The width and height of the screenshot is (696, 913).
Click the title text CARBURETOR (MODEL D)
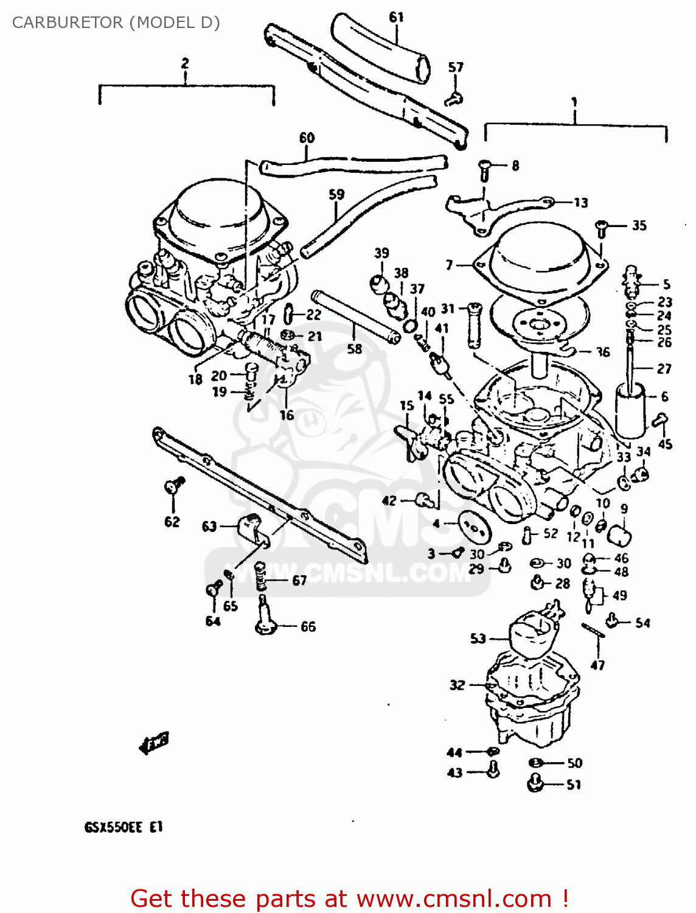116,23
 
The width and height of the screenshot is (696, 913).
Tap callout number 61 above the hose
396,17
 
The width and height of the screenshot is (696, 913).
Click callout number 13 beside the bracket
581,202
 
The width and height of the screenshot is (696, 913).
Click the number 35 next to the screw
639,225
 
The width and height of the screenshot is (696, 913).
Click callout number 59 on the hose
336,194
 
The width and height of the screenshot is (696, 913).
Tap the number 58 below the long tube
355,349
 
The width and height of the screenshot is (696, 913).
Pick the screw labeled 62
173,486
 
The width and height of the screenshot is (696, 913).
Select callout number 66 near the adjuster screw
308,626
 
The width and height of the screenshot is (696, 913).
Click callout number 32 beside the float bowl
457,685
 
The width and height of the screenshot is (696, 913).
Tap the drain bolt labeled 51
535,783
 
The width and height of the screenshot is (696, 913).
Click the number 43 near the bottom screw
455,772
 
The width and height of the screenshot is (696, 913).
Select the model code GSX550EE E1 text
124,827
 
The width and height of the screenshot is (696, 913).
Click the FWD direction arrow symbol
154,742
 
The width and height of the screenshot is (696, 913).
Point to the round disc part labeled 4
474,525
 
